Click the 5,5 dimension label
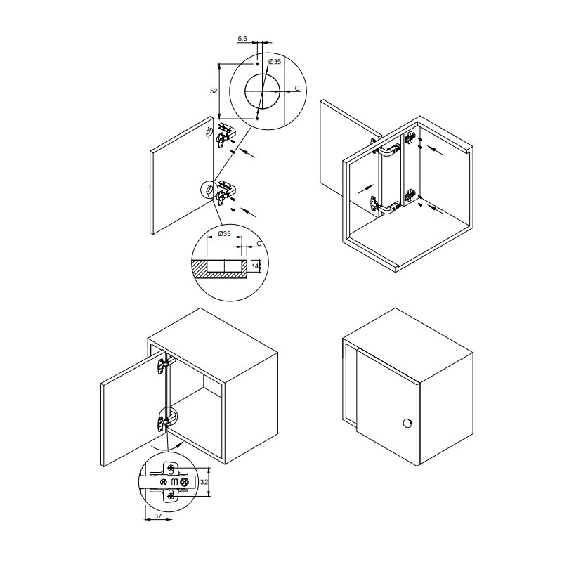pos(242,39)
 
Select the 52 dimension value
pos(214,91)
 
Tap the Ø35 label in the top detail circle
pos(275,62)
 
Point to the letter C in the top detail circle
pos(297,89)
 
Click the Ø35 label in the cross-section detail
pos(224,234)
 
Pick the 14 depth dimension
pos(255,266)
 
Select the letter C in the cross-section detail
pos(259,244)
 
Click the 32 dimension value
pos(204,482)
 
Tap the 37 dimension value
pos(157,516)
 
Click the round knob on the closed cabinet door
pos(407,423)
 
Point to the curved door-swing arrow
pos(167,447)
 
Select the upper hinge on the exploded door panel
pos(225,135)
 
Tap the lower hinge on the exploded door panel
pos(226,192)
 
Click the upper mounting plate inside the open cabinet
pos(410,138)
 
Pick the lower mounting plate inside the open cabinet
pos(410,196)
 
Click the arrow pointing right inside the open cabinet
pos(365,188)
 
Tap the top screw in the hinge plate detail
pos(172,467)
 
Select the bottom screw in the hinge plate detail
pos(171,497)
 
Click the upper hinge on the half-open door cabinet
pos(164,365)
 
